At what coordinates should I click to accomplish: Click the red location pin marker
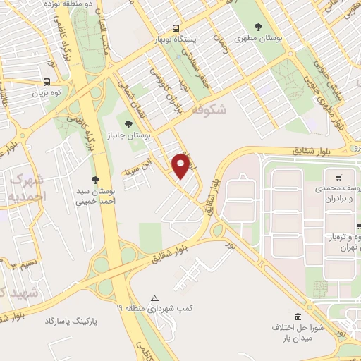pyautogui.click(x=181, y=166)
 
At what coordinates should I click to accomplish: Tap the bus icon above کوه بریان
pyautogui.click(x=46, y=81)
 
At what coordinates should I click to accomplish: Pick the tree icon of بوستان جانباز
pyautogui.click(x=128, y=124)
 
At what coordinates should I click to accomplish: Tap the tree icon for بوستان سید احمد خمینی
pyautogui.click(x=95, y=180)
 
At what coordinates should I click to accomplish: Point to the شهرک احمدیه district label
pyautogui.click(x=29, y=185)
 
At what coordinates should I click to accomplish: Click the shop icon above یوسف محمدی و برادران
pyautogui.click(x=339, y=176)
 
